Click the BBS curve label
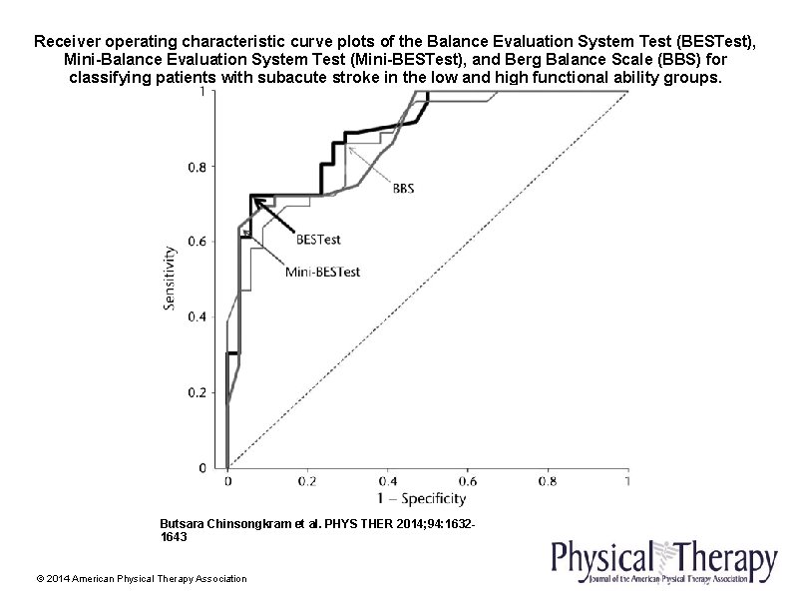(404, 188)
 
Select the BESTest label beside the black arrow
(317, 240)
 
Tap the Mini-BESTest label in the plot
(322, 271)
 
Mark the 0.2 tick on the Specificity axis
(307, 480)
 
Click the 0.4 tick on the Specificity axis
(387, 480)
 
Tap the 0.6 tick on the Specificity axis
(467, 480)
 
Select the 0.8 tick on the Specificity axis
(547, 480)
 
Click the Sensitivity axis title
(171, 279)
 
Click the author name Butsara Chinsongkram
(229, 522)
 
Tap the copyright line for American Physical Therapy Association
(141, 579)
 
